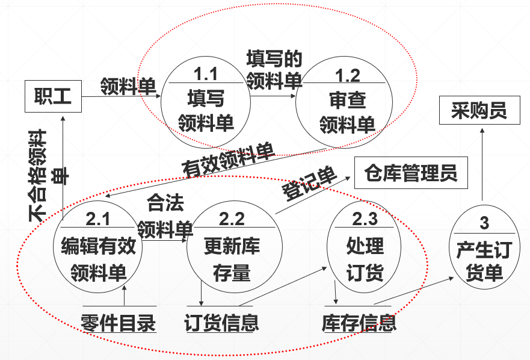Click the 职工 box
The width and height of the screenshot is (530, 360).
52,96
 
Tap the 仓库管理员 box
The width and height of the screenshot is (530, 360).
410,174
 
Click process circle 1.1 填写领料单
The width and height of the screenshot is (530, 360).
206,102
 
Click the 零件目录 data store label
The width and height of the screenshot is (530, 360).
119,323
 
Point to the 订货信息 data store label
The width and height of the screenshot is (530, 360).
221,323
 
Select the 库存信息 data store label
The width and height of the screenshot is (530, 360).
359,323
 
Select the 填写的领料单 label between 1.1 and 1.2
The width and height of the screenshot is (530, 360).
274,69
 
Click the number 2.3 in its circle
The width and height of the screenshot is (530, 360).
365,218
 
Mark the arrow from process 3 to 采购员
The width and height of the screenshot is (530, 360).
482,166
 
